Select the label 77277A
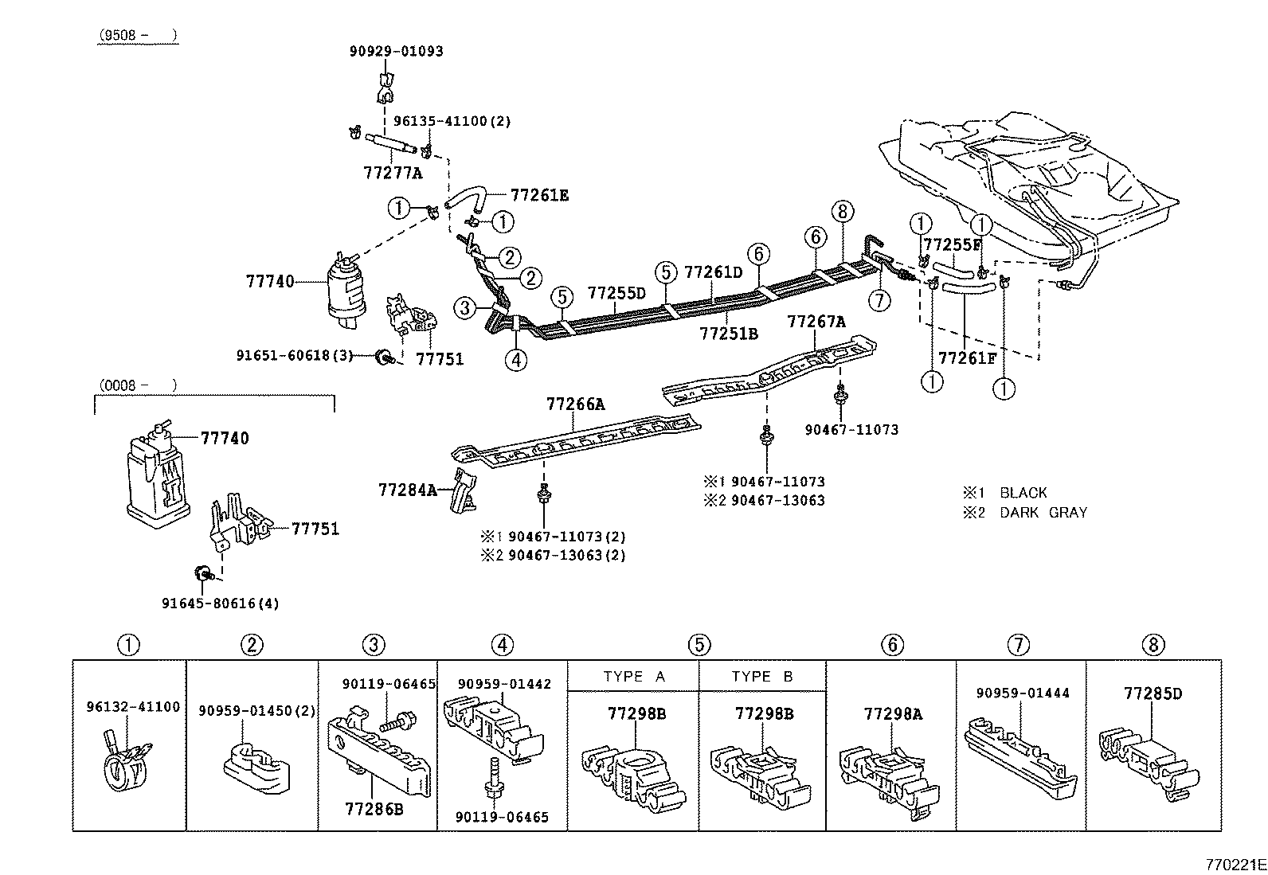pos(393,173)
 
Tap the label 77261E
pos(539,195)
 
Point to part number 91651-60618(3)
pos(294,355)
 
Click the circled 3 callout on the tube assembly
pos(466,307)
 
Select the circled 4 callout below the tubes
pos(515,360)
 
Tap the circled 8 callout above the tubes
pos(842,211)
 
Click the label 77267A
pos(816,322)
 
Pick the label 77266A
pos(575,404)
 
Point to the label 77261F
pos(967,358)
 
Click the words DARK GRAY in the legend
pos(1043,513)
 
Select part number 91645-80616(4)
pos(221,604)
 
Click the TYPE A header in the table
pos(634,677)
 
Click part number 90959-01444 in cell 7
pos(1023,693)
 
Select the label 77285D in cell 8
pos(1153,693)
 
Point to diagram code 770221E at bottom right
pos(1234,865)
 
